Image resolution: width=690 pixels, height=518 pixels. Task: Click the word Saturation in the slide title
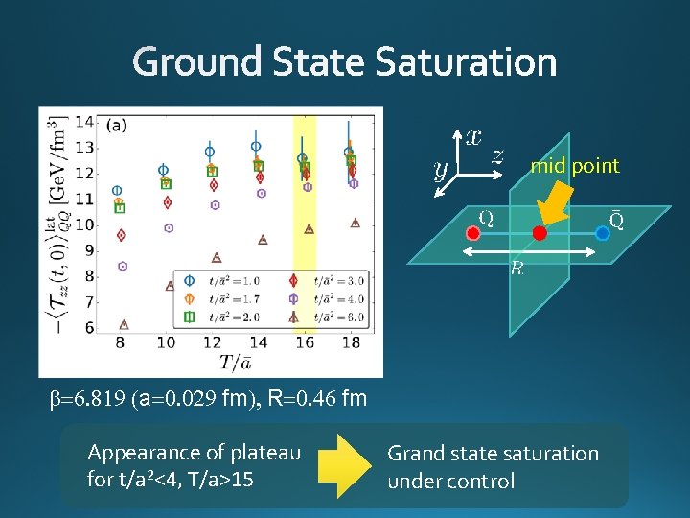[x=466, y=63]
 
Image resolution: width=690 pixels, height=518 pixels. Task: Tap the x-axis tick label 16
[x=305, y=342]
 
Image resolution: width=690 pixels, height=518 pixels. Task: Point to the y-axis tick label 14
[x=83, y=122]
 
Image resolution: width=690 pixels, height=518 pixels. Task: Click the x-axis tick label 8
[x=119, y=342]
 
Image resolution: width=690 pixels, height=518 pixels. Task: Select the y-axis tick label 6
[x=89, y=328]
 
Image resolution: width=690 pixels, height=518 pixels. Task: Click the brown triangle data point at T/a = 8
[x=124, y=324]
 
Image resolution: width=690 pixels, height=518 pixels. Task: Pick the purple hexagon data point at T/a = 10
[x=170, y=228]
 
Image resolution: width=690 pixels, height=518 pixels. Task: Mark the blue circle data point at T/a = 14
[x=256, y=147]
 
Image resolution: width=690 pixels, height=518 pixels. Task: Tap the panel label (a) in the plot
[x=117, y=124]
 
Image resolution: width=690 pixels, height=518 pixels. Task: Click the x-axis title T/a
[x=235, y=363]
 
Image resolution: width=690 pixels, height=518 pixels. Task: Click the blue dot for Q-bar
[x=603, y=233]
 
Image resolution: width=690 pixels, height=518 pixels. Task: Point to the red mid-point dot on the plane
[x=540, y=233]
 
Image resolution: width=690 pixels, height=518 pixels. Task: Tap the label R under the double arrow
[x=517, y=269]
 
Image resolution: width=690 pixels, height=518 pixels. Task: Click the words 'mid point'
[x=575, y=166]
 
